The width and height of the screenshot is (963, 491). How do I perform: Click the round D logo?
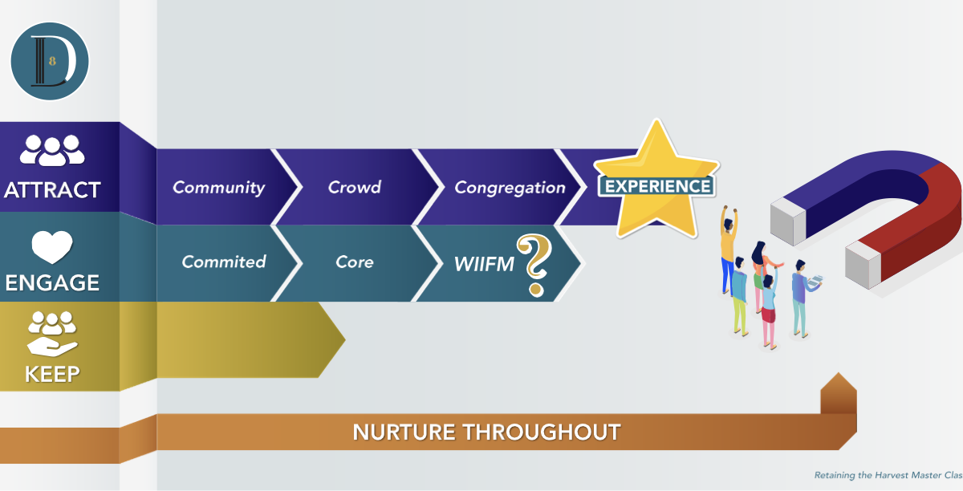click(x=50, y=61)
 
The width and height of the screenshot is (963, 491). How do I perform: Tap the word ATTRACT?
click(x=52, y=190)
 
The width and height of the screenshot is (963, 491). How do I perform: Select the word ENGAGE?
click(x=52, y=282)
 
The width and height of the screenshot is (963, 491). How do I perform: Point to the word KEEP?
click(x=52, y=374)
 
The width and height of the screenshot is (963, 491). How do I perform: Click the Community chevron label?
click(x=219, y=188)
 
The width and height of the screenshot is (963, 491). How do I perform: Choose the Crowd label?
click(x=355, y=187)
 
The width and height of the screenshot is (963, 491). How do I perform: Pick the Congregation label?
click(x=510, y=188)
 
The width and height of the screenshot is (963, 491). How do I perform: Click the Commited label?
click(x=224, y=262)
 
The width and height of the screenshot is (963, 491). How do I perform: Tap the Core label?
click(x=355, y=262)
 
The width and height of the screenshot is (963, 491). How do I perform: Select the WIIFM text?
click(x=484, y=264)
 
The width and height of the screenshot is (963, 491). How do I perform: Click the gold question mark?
click(x=534, y=266)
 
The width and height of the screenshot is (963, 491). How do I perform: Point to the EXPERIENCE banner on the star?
click(x=657, y=186)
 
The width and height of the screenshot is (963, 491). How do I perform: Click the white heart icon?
click(x=52, y=247)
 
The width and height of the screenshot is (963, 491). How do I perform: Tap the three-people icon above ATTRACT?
click(x=52, y=151)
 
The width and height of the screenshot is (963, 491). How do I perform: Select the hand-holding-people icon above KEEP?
click(x=52, y=334)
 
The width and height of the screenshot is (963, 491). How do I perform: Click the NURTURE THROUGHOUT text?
click(x=486, y=432)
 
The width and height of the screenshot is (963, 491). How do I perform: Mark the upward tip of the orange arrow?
click(x=839, y=373)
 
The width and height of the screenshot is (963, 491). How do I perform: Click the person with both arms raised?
click(x=729, y=250)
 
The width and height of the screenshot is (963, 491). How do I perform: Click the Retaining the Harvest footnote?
click(x=888, y=475)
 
